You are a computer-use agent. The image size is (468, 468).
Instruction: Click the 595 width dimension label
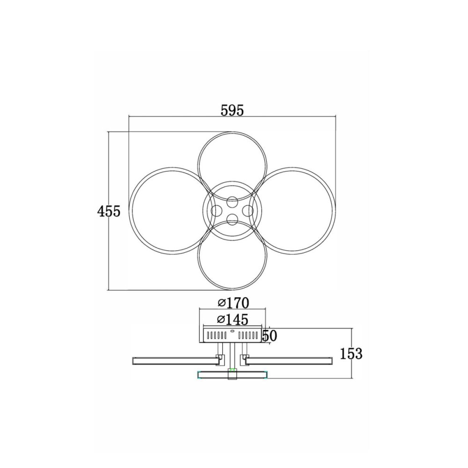click(232, 110)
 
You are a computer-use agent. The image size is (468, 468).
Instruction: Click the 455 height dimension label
click(109, 212)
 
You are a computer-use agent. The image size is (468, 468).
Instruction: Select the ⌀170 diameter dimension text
click(234, 303)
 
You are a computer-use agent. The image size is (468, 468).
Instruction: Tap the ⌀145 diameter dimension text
click(233, 320)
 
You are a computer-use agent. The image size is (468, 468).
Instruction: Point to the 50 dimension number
click(269, 336)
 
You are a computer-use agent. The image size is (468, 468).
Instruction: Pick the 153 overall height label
click(351, 354)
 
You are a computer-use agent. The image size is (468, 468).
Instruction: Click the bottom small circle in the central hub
click(232, 220)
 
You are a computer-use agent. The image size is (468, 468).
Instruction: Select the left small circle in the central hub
click(217, 211)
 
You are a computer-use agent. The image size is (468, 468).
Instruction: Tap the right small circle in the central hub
click(248, 211)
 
